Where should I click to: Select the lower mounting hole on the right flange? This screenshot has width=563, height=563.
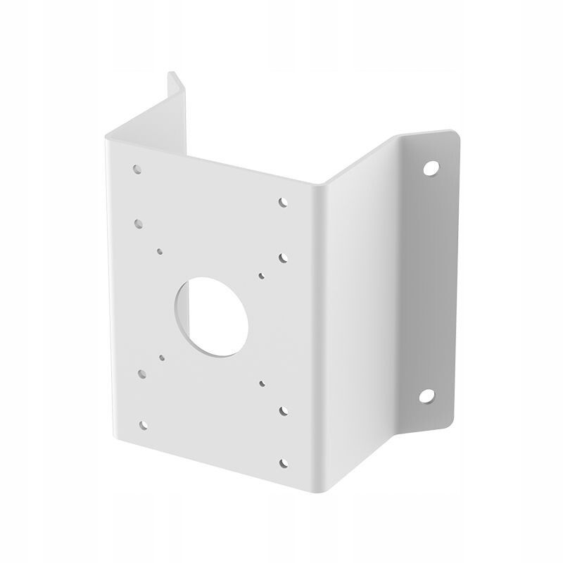point(426,396)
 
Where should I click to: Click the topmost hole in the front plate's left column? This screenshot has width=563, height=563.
point(137,169)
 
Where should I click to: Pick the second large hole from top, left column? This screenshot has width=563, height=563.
point(139,222)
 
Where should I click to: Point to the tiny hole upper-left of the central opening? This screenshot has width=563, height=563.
point(160,250)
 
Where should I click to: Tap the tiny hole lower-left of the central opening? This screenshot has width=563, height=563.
point(162,357)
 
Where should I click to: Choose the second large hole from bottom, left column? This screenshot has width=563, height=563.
point(142,374)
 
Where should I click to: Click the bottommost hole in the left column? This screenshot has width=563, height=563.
point(144,424)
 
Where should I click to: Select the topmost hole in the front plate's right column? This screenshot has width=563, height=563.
point(283,202)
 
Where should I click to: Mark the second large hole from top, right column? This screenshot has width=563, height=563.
point(284,258)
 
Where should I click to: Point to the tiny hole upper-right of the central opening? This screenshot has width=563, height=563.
point(262,276)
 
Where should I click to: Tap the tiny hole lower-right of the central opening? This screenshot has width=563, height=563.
point(262,384)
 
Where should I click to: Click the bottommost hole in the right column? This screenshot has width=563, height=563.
point(284,462)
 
